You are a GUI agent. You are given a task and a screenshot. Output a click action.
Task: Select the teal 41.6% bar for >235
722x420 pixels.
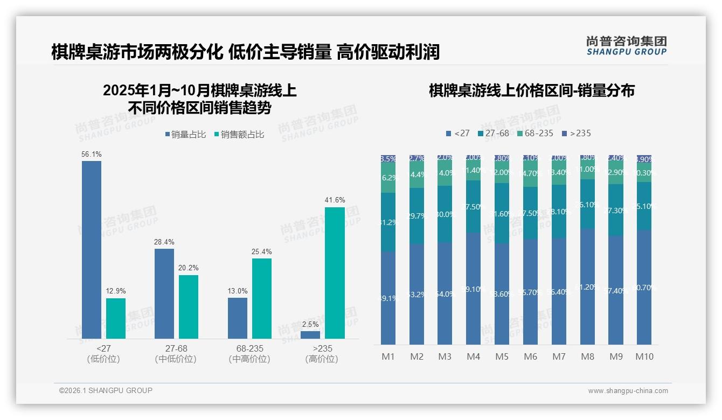click(x=335, y=272)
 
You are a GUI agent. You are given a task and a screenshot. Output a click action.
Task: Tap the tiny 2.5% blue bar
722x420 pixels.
click(x=310, y=335)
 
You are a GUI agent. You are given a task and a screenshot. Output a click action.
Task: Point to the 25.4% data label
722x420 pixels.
click(x=261, y=251)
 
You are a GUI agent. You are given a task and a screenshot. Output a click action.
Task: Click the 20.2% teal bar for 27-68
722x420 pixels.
click(x=189, y=307)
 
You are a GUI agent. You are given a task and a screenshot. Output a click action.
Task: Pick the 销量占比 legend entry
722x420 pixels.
click(x=185, y=135)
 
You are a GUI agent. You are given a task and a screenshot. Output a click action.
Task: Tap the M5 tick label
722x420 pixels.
click(x=502, y=356)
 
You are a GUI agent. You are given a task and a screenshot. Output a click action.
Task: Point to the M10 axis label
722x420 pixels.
click(x=644, y=356)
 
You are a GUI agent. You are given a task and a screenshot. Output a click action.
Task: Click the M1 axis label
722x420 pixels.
click(x=388, y=356)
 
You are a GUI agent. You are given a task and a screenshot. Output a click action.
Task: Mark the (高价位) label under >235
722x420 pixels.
click(x=321, y=359)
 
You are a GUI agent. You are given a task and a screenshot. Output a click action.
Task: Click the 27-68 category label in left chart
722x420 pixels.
click(x=176, y=348)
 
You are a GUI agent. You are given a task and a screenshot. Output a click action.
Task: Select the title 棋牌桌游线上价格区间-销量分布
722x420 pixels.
click(x=531, y=90)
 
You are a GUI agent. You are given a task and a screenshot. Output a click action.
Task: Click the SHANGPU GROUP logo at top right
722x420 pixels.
click(x=626, y=45)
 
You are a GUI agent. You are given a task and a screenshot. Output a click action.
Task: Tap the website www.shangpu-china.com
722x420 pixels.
click(x=628, y=391)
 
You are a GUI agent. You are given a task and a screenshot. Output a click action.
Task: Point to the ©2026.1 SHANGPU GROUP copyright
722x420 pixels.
click(x=106, y=390)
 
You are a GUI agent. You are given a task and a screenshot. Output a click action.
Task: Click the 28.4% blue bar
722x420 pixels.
click(x=164, y=293)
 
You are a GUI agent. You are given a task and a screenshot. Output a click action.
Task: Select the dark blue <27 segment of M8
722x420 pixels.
click(x=587, y=286)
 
